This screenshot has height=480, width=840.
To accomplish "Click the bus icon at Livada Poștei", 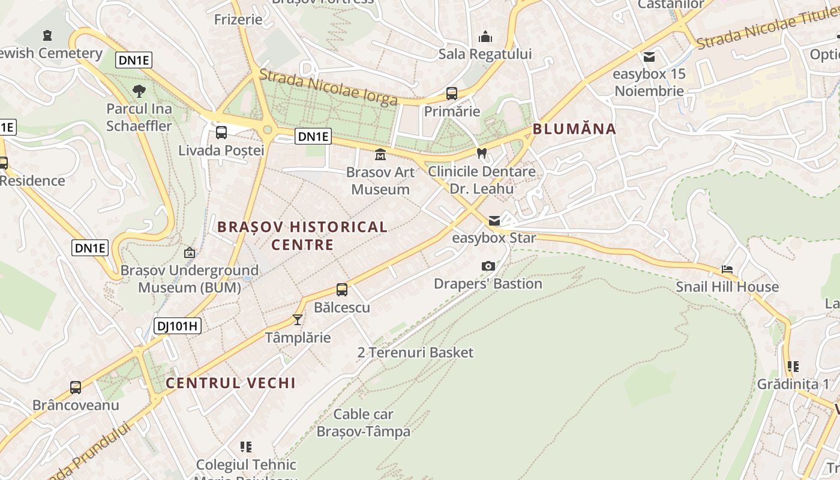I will [x=221, y=133].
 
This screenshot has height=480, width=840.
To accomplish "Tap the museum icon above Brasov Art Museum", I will [x=380, y=155].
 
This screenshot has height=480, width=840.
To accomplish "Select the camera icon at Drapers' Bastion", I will [x=488, y=266].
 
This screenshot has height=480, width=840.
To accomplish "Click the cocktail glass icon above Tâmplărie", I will [x=297, y=319].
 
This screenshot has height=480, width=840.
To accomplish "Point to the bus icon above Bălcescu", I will [x=342, y=290].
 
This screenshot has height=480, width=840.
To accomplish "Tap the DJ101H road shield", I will [x=177, y=326].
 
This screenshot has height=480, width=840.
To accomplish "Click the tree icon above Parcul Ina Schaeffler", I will [x=139, y=91].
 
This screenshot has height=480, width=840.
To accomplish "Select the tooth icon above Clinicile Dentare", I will [x=481, y=153].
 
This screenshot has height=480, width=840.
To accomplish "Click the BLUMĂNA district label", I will [x=574, y=128].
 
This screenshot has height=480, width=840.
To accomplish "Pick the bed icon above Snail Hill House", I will [x=727, y=269].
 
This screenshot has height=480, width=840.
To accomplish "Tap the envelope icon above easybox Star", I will [x=494, y=220].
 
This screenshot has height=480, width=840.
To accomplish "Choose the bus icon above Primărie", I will [x=452, y=94].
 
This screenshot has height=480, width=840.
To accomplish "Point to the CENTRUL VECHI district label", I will [x=230, y=383].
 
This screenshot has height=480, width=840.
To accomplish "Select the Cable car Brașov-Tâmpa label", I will [x=364, y=422].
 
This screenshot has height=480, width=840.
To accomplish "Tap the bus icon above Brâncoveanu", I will [x=76, y=388].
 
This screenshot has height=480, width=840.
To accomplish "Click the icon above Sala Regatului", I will [x=485, y=37].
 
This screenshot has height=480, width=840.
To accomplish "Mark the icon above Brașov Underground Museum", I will [x=190, y=253].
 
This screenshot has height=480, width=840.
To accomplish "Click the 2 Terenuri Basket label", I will [x=415, y=352].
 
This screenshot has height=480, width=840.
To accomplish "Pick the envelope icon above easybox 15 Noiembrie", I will [x=649, y=57].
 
